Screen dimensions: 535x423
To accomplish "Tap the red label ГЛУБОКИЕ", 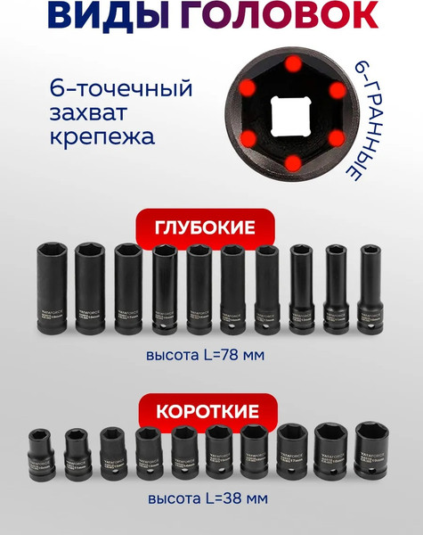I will click(211, 229).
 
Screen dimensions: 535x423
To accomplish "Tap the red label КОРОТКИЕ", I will click(211, 411).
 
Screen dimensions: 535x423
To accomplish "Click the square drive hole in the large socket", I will click(291, 116).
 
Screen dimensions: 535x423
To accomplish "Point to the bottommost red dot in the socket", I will click(291, 161).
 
